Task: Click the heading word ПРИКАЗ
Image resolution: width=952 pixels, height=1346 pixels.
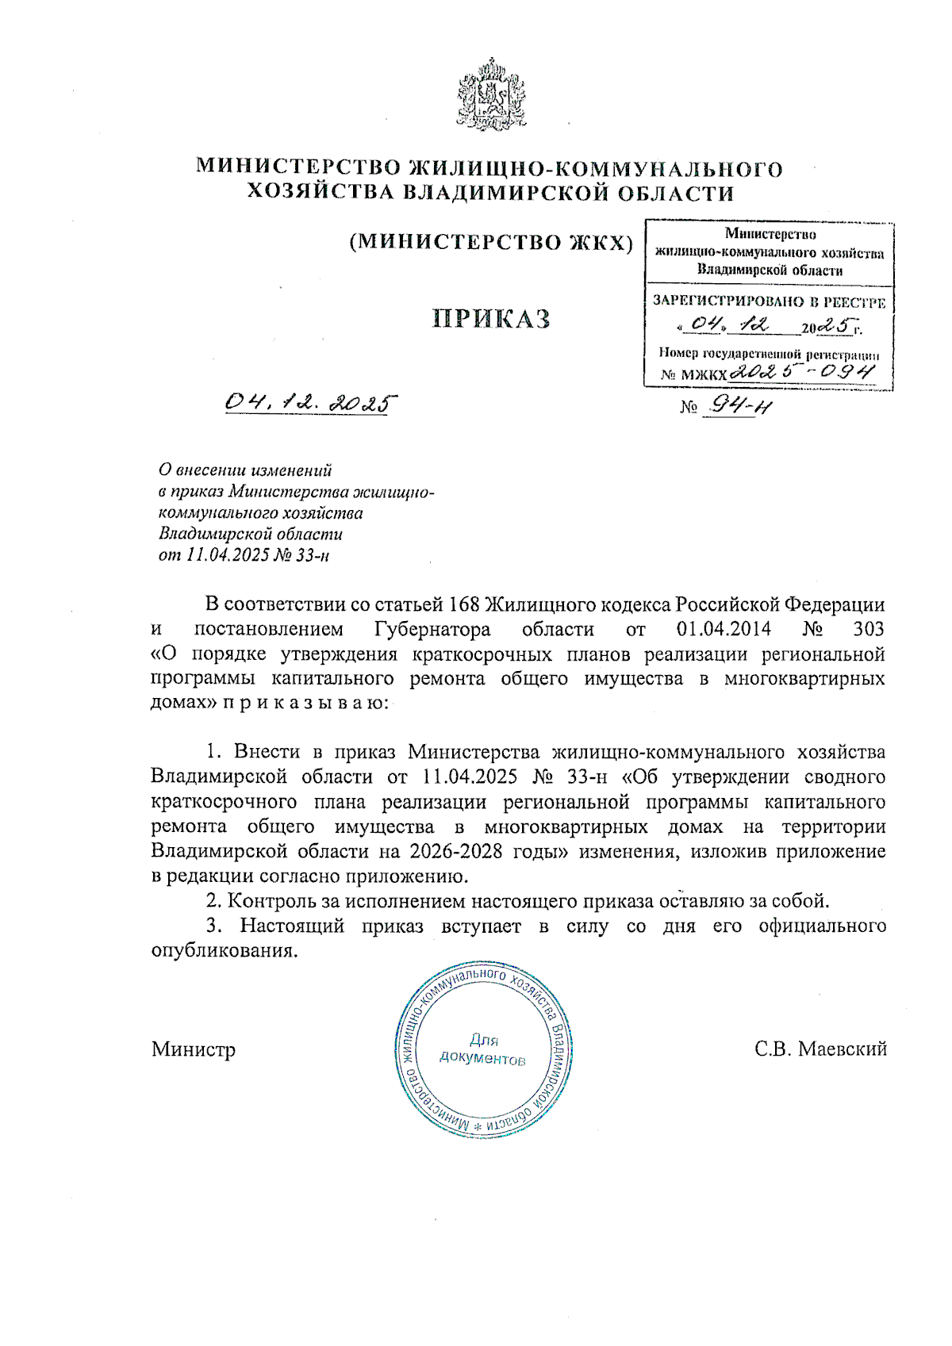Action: click(x=491, y=319)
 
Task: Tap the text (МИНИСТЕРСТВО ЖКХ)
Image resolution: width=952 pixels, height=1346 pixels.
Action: click(x=491, y=243)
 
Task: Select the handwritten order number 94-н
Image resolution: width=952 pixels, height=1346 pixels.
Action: click(x=740, y=406)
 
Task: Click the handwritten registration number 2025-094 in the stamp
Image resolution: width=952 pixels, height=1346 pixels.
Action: click(x=801, y=372)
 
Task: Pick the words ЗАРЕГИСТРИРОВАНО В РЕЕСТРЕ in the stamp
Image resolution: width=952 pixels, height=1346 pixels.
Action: click(x=768, y=301)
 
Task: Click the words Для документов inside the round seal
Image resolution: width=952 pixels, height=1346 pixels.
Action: click(x=482, y=1049)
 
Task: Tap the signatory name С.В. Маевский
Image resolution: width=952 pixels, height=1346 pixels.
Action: click(x=820, y=1049)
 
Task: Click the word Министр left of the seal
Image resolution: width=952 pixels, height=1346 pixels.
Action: click(x=194, y=1049)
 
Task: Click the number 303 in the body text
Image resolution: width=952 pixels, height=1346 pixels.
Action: click(x=868, y=630)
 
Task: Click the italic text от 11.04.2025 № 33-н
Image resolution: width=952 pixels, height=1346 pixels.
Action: click(x=244, y=554)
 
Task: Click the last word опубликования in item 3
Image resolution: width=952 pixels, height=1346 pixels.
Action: click(x=225, y=951)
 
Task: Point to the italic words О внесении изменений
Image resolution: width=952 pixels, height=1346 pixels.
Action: click(x=245, y=470)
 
